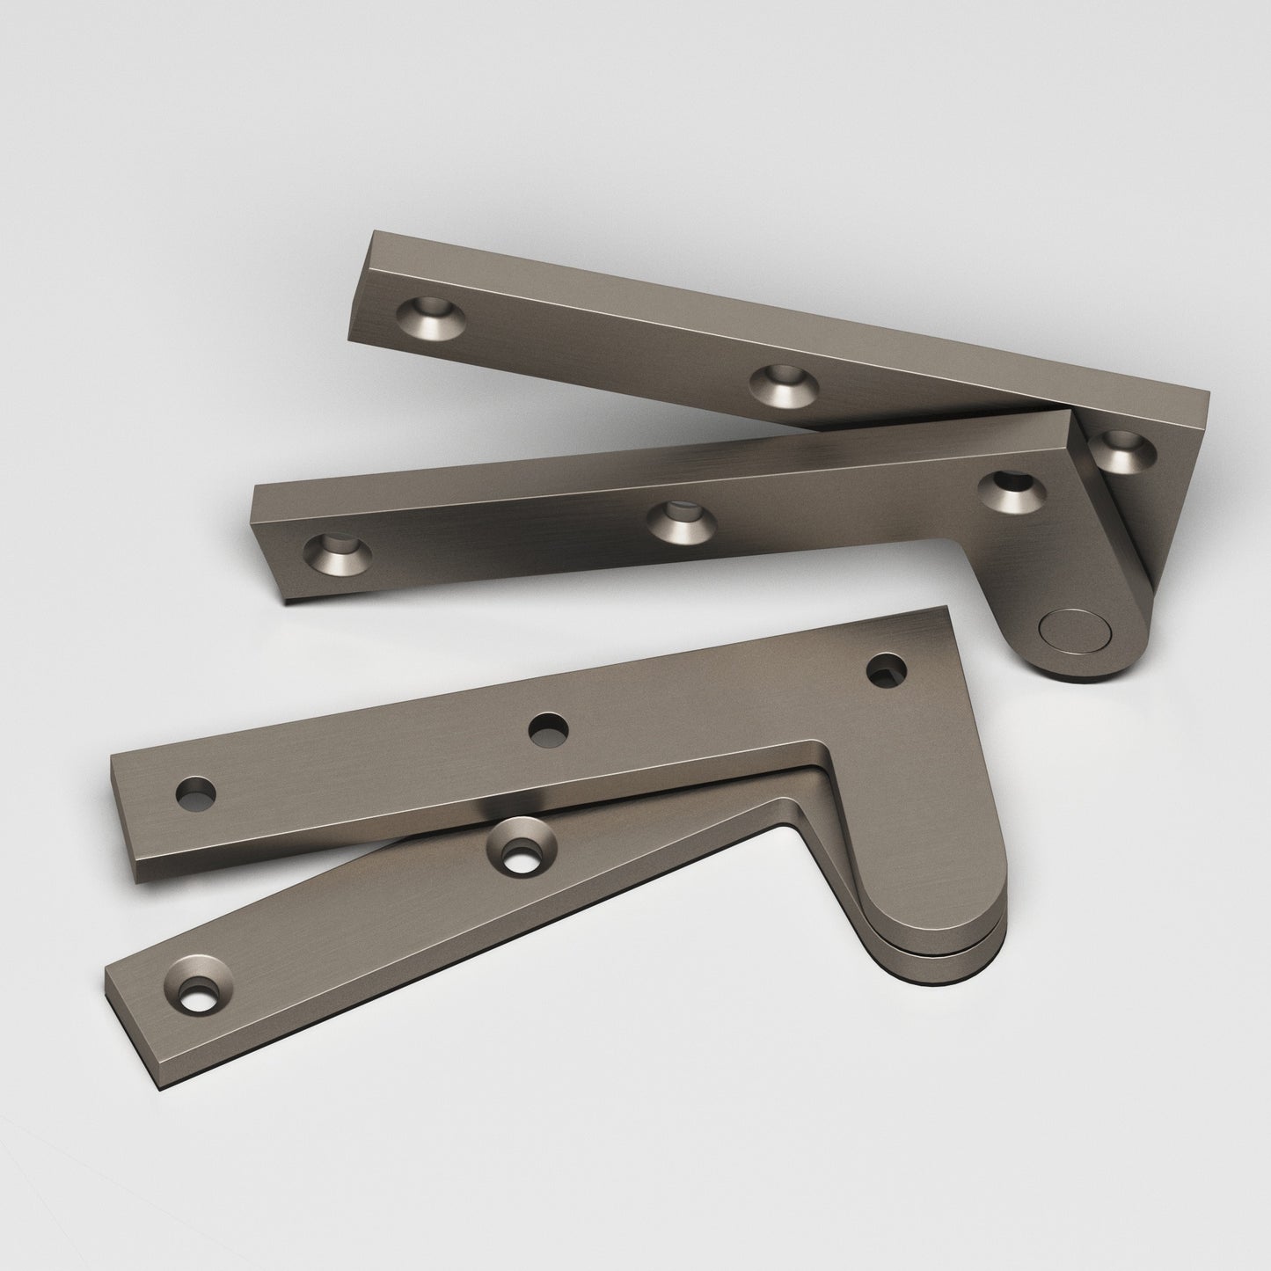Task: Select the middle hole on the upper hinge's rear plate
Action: click(784, 383)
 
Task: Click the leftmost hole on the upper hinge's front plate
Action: click(337, 552)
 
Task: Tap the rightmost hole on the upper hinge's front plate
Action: click(1012, 493)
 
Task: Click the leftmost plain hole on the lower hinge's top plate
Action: click(195, 794)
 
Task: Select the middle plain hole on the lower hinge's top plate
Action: click(548, 729)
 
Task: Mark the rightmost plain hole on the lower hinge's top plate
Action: click(887, 669)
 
